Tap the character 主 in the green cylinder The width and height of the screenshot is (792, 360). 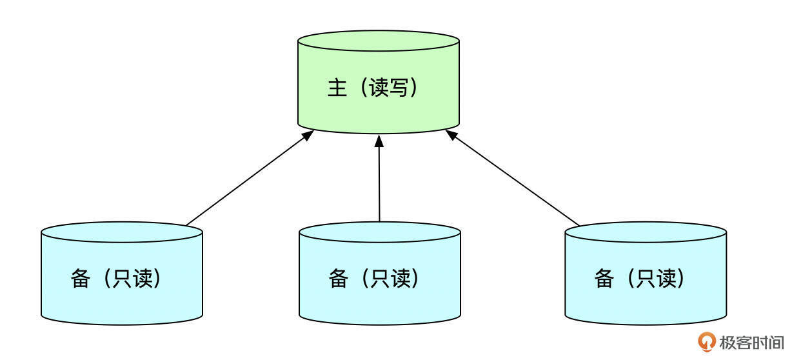point(337,88)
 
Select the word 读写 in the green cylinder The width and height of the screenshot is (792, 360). point(389,88)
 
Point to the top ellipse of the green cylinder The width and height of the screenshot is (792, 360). point(379,41)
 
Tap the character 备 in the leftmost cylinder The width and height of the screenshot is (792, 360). point(81,279)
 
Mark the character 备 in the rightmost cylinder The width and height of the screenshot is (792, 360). point(604,279)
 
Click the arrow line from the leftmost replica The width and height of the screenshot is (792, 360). point(248,179)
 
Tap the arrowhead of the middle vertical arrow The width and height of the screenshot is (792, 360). point(379,141)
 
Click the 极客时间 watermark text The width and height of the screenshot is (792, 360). point(751,342)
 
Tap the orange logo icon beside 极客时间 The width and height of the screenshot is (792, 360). point(708,341)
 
